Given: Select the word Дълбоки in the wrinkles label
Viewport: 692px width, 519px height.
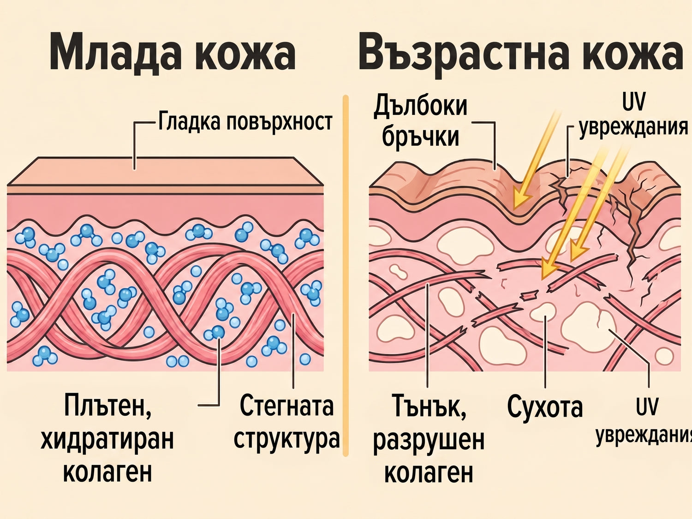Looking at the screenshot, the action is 420,106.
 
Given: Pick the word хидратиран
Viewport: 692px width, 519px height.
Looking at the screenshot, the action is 107,440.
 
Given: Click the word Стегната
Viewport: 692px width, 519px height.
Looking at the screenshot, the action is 286,406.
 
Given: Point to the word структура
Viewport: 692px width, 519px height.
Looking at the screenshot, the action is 287,439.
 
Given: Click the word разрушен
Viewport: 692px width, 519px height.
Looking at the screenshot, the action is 429,441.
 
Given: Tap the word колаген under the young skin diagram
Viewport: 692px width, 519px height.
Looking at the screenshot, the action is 107,471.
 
